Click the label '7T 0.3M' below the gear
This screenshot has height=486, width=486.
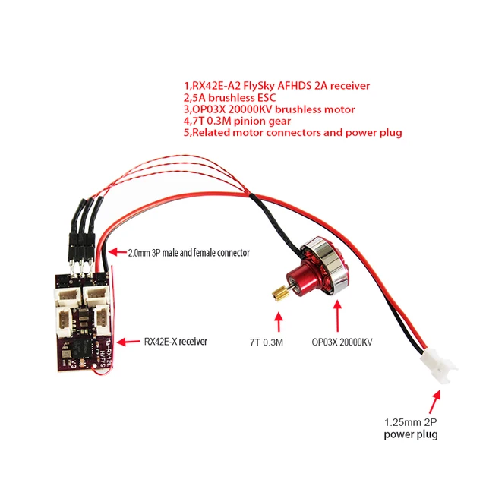click(x=266, y=342)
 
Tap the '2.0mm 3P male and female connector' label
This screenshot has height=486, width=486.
click(x=189, y=252)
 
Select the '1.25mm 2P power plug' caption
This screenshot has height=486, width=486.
click(x=411, y=429)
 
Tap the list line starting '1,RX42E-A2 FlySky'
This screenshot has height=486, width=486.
click(x=276, y=86)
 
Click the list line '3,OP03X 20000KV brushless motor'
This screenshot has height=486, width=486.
click(x=268, y=109)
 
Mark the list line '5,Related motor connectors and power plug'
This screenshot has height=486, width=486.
click(x=292, y=133)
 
